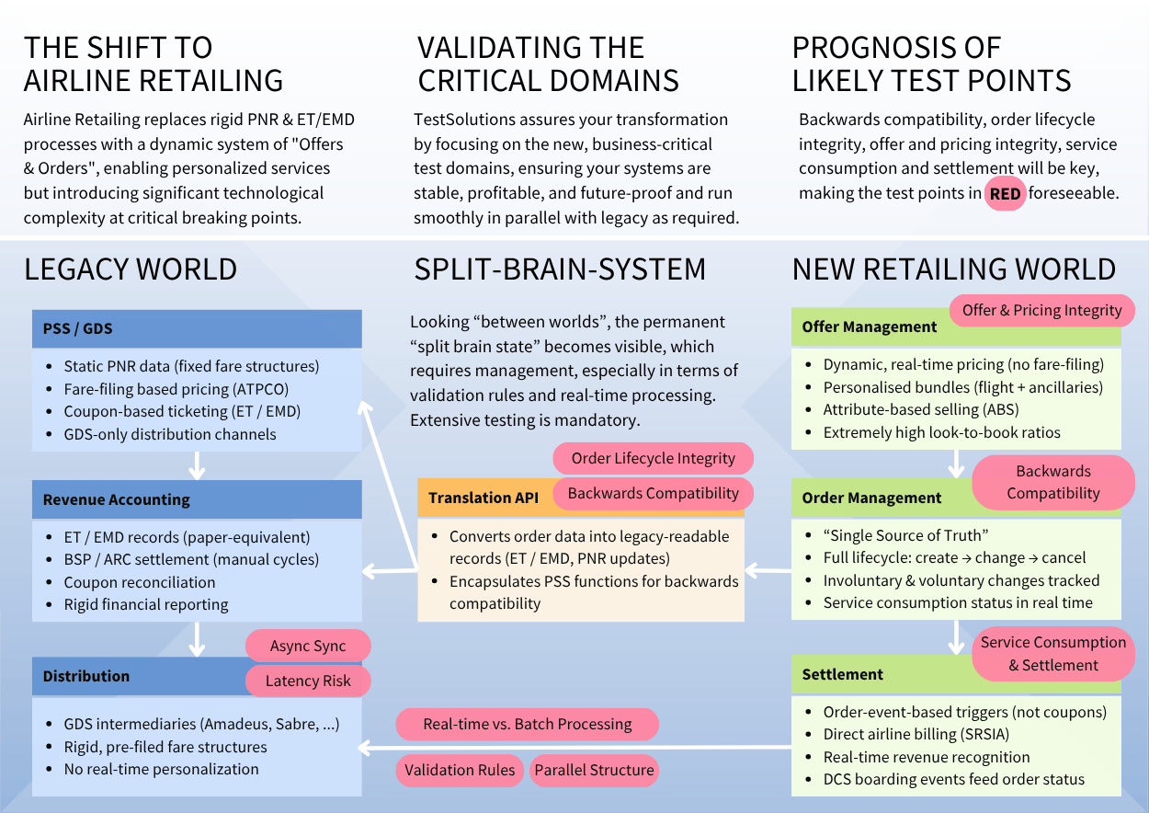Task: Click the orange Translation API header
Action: pyautogui.click(x=484, y=498)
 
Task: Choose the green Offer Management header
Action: pyautogui.click(x=869, y=327)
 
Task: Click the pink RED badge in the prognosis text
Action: pyautogui.click(x=1005, y=194)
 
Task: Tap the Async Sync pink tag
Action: pyautogui.click(x=308, y=647)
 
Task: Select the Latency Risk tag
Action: pyautogui.click(x=308, y=681)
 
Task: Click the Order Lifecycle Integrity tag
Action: pyautogui.click(x=653, y=458)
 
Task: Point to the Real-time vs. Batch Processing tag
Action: pyautogui.click(x=527, y=724)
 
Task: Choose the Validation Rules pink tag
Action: pyautogui.click(x=460, y=770)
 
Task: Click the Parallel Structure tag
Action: pyautogui.click(x=594, y=770)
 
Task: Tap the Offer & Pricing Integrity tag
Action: pyautogui.click(x=1041, y=310)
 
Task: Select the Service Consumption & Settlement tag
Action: pyautogui.click(x=1052, y=654)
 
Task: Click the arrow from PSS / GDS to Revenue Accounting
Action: pyautogui.click(x=196, y=465)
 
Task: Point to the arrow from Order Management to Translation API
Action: pyautogui.click(x=768, y=571)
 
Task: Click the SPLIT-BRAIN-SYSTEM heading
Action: pyautogui.click(x=560, y=269)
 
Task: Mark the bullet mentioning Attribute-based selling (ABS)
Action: pyautogui.click(x=920, y=409)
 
